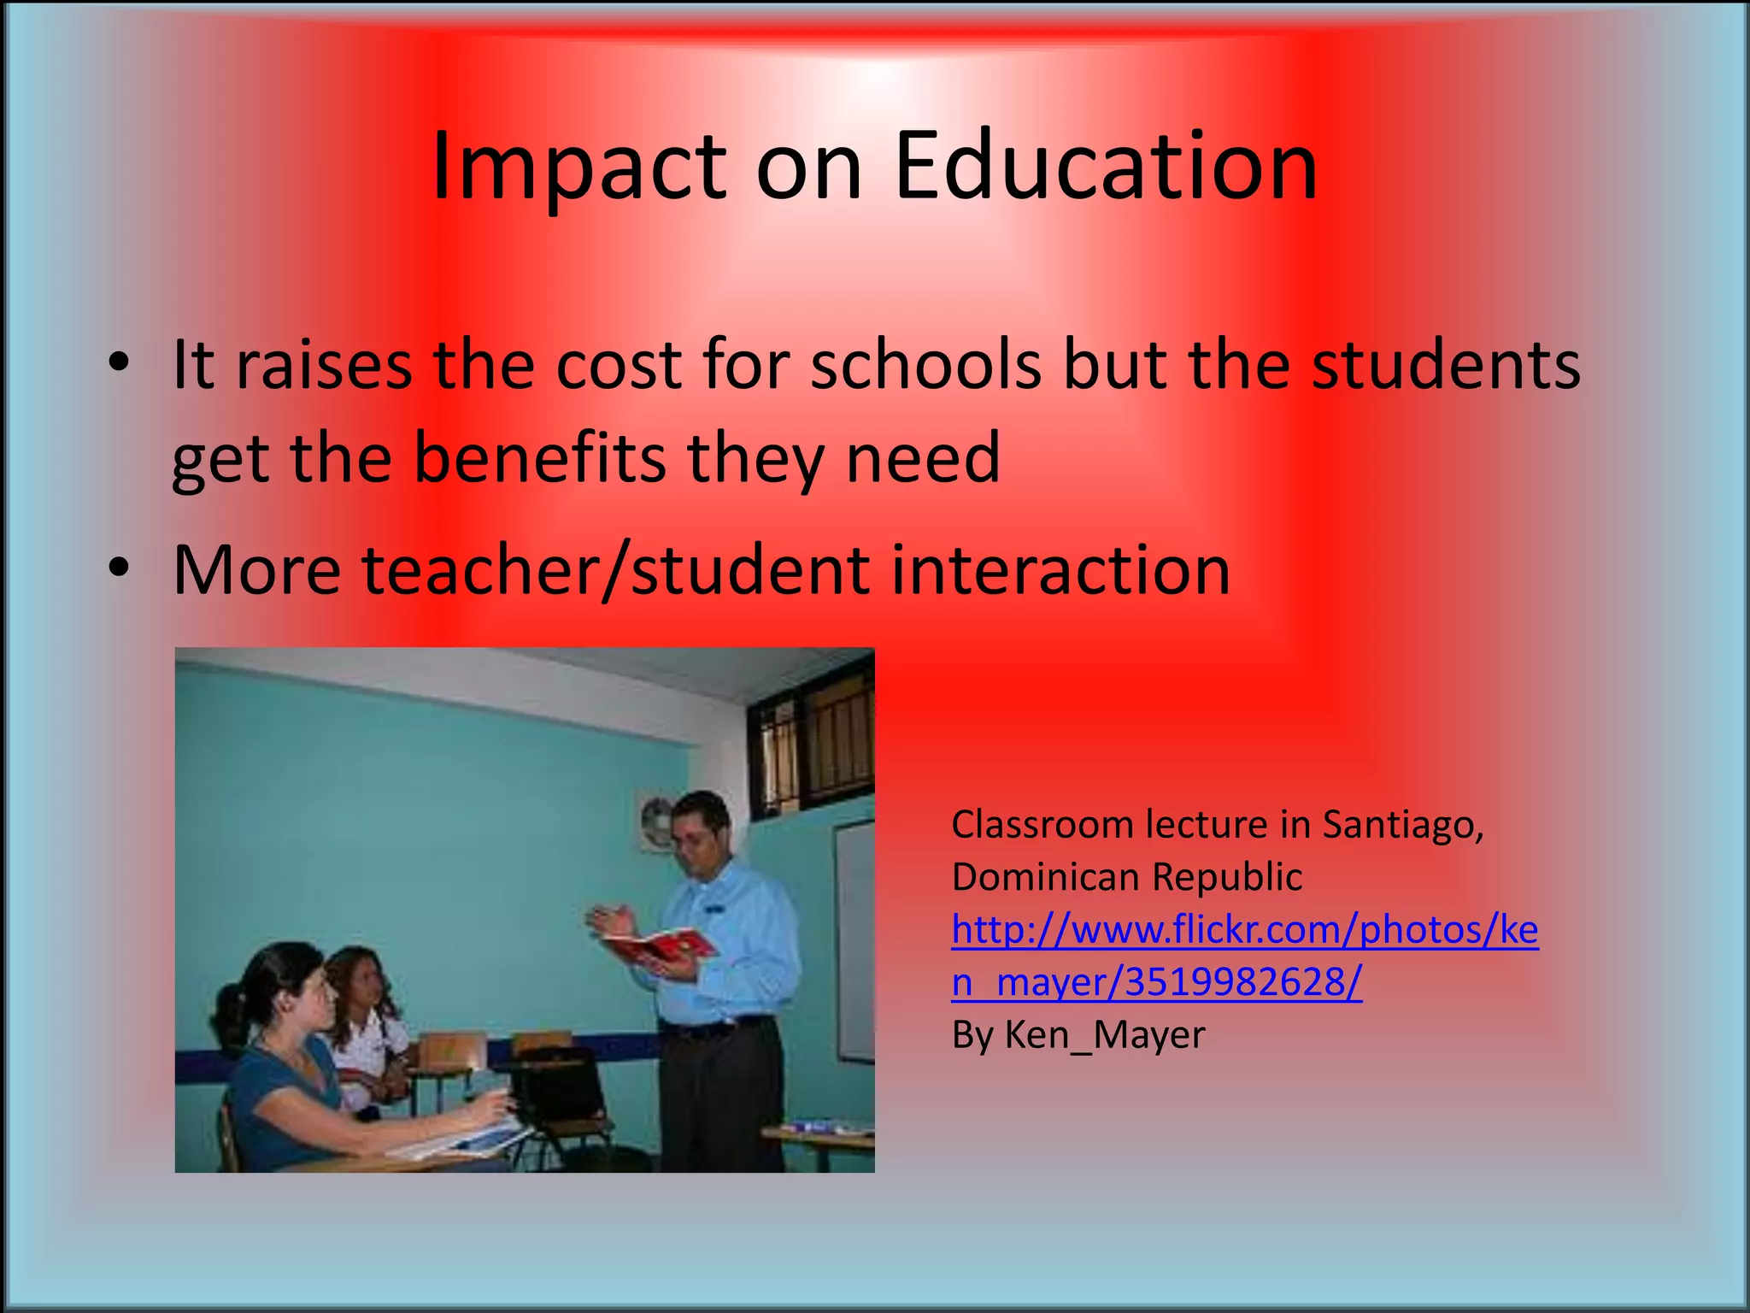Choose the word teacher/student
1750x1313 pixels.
615,570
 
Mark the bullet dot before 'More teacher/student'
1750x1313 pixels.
119,568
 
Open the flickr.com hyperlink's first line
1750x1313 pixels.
1244,930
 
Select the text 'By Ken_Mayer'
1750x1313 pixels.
1078,1035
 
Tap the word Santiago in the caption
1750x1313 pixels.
1402,825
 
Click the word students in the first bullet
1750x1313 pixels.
1446,366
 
